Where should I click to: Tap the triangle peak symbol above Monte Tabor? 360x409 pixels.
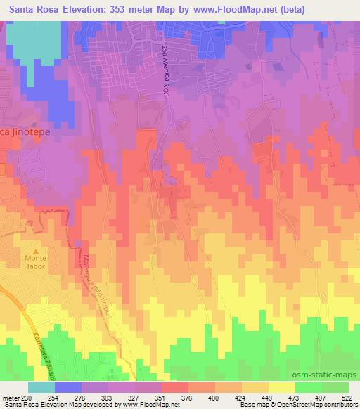point(37,249)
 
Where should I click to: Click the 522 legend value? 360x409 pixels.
point(348,398)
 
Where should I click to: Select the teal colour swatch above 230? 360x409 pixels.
point(41,387)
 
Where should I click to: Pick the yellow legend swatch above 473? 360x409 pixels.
point(281,387)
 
